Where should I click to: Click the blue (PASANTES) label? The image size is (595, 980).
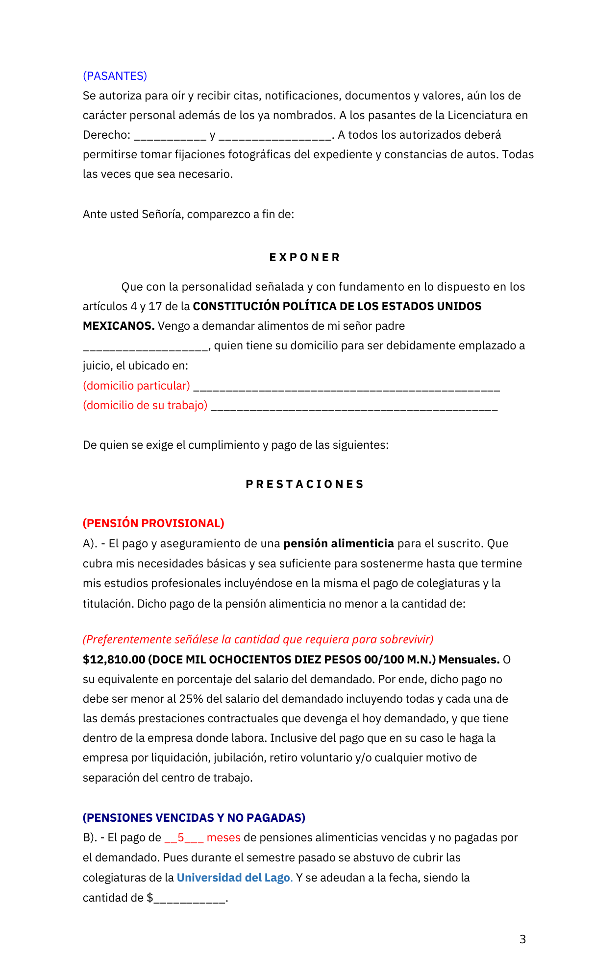coord(115,76)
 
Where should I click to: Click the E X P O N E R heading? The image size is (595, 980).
coord(304,258)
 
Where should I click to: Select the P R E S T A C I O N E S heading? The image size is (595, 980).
coord(304,485)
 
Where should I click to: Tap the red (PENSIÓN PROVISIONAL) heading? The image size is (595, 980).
coord(153,523)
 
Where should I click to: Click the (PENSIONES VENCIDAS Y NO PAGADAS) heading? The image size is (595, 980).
coord(194,818)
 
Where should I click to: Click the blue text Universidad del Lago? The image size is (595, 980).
coord(233,878)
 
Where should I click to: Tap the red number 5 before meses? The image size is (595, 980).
coord(181,838)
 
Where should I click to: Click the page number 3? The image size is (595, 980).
coord(522,939)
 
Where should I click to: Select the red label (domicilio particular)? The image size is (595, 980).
coord(136,386)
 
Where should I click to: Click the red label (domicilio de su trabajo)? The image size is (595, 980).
coord(145,406)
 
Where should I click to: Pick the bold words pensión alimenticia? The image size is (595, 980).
coord(339,543)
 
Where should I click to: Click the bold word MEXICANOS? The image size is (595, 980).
coord(118,326)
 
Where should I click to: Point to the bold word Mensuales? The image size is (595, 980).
coord(469,660)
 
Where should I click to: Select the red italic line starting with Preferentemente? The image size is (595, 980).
coord(258,639)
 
